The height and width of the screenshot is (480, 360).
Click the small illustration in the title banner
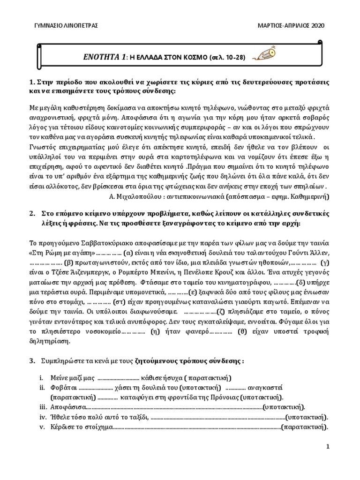261,56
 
